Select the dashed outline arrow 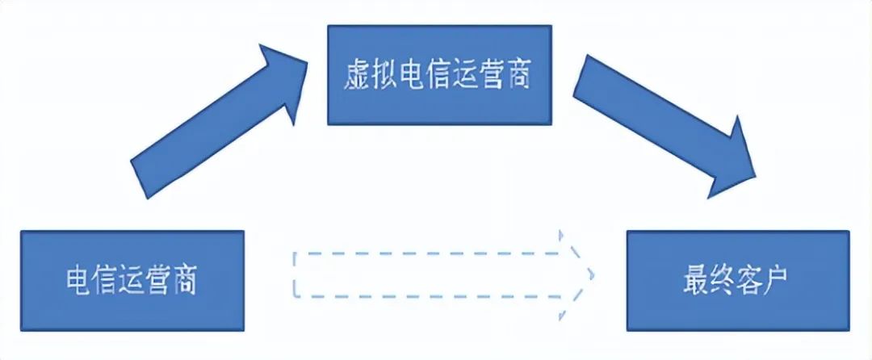[436, 273]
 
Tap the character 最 [694, 280]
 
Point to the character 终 [723, 280]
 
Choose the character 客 [753, 280]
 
